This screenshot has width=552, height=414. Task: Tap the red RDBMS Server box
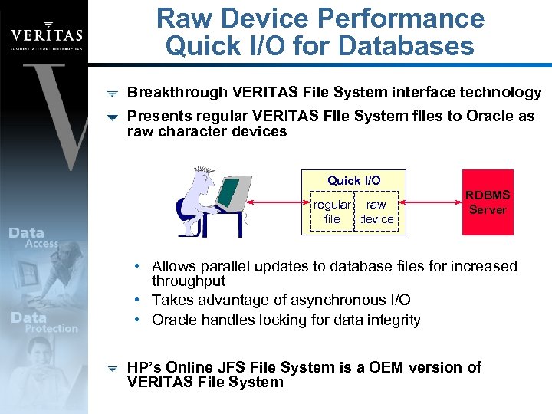click(x=488, y=202)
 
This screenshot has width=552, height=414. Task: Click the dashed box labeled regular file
click(x=332, y=212)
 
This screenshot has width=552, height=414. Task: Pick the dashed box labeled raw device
click(x=376, y=212)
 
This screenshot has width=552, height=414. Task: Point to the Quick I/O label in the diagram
click(x=353, y=180)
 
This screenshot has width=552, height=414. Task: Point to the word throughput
click(x=189, y=281)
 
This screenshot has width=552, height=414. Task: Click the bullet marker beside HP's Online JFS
click(x=112, y=368)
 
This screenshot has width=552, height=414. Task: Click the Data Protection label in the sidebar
click(x=42, y=322)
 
